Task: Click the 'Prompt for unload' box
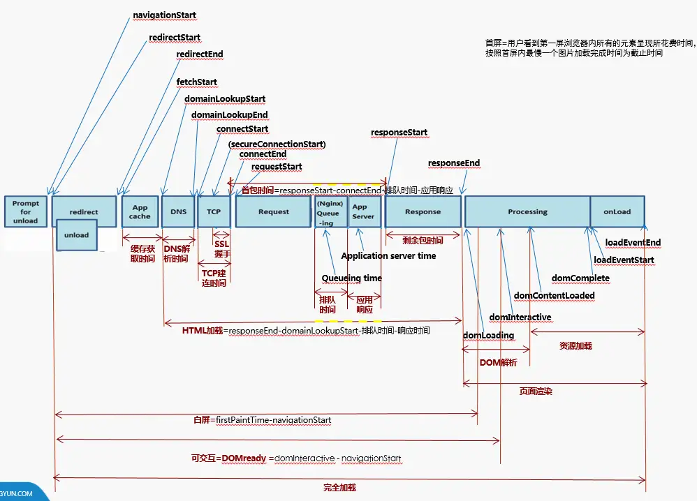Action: click(x=26, y=211)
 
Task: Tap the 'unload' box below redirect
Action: click(x=77, y=235)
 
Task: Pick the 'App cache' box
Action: click(x=140, y=211)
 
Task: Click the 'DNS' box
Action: click(x=178, y=211)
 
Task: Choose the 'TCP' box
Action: click(x=214, y=211)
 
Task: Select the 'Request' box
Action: click(x=273, y=211)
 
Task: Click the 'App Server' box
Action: click(x=364, y=211)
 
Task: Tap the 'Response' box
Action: click(x=423, y=211)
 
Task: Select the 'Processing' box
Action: click(x=527, y=211)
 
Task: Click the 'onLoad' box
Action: click(x=617, y=211)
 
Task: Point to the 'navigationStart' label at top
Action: click(x=164, y=15)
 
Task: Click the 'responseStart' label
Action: click(x=399, y=132)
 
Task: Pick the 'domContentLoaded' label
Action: click(x=554, y=295)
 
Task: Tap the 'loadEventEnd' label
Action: click(x=633, y=243)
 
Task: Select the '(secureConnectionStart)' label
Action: click(x=277, y=144)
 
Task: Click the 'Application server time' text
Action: click(x=388, y=256)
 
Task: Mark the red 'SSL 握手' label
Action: click(x=222, y=249)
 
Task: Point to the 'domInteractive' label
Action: click(x=520, y=317)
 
